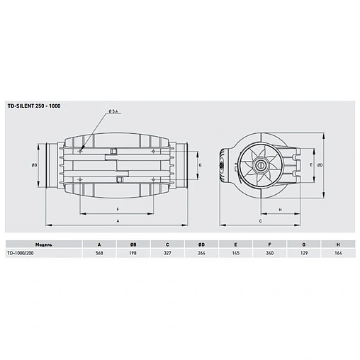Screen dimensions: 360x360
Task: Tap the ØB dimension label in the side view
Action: click(34, 164)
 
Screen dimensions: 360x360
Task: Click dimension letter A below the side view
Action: click(117, 222)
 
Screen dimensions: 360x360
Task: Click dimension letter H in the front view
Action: click(280, 210)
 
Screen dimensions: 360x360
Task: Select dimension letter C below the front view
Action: click(261, 222)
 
